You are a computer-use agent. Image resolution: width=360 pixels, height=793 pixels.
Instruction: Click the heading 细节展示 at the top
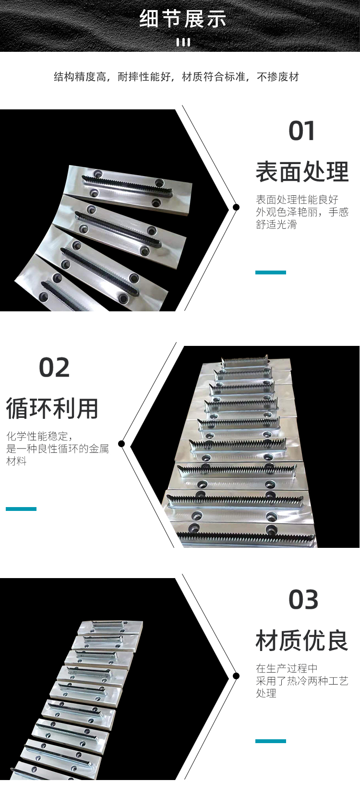click(183, 19)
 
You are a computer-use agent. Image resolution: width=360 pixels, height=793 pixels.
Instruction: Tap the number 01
click(301, 131)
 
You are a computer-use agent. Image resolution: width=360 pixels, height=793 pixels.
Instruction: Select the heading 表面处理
click(302, 172)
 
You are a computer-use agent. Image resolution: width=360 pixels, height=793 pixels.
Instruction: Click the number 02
click(54, 367)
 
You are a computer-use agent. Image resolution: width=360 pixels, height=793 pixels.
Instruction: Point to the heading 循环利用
click(52, 408)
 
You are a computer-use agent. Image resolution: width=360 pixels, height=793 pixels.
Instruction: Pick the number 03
click(303, 600)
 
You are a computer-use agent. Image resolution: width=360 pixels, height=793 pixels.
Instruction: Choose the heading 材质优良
click(302, 640)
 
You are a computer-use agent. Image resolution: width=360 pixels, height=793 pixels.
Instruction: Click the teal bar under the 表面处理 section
click(271, 272)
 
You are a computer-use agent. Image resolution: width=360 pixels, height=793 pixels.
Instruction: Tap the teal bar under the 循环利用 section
click(21, 509)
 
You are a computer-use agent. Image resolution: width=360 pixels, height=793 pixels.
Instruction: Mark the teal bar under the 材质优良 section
click(271, 741)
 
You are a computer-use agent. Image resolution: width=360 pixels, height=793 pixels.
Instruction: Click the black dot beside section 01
click(236, 207)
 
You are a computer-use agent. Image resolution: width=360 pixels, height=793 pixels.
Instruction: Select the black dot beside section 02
click(121, 444)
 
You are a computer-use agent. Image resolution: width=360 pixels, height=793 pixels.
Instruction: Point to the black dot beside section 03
click(236, 676)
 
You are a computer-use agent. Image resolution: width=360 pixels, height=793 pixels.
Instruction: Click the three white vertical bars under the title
click(183, 43)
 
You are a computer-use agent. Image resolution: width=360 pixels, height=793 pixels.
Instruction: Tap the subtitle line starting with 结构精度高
click(177, 76)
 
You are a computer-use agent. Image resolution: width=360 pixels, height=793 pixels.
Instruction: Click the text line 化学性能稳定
click(39, 436)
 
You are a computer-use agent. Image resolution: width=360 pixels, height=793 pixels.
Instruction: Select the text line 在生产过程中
click(287, 668)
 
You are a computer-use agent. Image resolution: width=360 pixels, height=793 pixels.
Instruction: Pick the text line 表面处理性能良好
click(297, 200)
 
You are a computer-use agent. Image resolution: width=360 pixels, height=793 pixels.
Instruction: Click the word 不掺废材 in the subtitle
click(278, 76)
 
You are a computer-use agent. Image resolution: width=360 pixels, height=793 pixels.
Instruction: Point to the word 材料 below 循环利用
click(16, 461)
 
